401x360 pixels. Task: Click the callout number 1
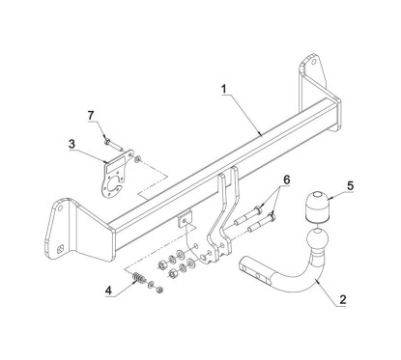(x=224, y=89)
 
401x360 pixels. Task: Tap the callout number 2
(x=342, y=299)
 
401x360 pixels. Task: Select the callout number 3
(x=72, y=144)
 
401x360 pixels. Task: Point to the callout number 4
(x=108, y=291)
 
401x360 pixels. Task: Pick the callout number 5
(x=350, y=185)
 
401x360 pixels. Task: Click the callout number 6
(x=286, y=180)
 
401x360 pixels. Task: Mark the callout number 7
(x=91, y=116)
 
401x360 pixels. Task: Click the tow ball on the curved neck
(x=318, y=239)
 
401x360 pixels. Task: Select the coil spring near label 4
(x=139, y=278)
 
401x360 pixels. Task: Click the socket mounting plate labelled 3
(x=118, y=176)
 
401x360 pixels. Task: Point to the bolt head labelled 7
(x=107, y=141)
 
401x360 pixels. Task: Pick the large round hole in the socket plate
(x=115, y=186)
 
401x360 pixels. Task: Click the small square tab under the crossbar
(x=185, y=218)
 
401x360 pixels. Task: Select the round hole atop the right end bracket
(x=312, y=63)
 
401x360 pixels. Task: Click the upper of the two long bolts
(x=247, y=215)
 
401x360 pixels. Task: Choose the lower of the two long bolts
(x=261, y=223)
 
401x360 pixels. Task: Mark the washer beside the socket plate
(x=138, y=158)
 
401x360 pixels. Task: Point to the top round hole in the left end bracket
(x=60, y=208)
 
